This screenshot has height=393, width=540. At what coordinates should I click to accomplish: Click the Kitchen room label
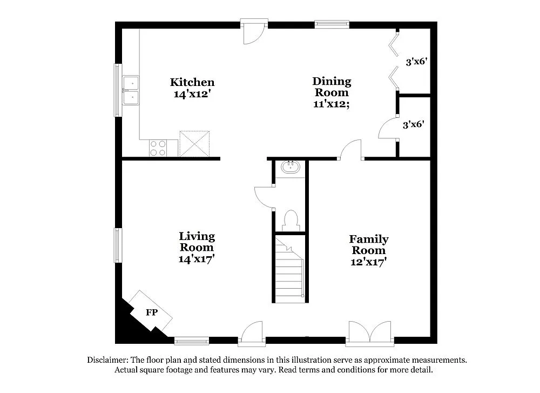tap(192, 82)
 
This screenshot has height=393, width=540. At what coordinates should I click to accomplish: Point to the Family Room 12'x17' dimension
tap(369, 262)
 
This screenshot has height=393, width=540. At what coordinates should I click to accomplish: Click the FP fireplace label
tap(152, 312)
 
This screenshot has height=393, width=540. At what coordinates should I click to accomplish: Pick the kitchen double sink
tap(131, 90)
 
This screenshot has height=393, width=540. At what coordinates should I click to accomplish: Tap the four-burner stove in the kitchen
tap(158, 148)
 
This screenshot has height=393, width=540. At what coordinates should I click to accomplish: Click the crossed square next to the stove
tap(194, 143)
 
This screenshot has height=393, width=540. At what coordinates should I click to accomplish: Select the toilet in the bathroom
tap(290, 221)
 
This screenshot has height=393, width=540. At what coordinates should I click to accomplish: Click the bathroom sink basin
tap(291, 166)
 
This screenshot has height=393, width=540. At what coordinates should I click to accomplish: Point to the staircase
tap(289, 269)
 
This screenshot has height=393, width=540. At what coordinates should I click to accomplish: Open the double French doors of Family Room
tap(370, 332)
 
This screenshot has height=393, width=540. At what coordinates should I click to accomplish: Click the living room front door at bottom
tap(252, 334)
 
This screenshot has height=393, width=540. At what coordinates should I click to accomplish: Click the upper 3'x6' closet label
tap(416, 62)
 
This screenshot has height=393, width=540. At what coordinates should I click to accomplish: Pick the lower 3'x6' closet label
tap(413, 124)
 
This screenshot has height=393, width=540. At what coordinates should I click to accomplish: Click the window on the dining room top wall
tap(332, 24)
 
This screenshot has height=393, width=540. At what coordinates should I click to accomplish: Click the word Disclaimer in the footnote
tap(106, 359)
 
